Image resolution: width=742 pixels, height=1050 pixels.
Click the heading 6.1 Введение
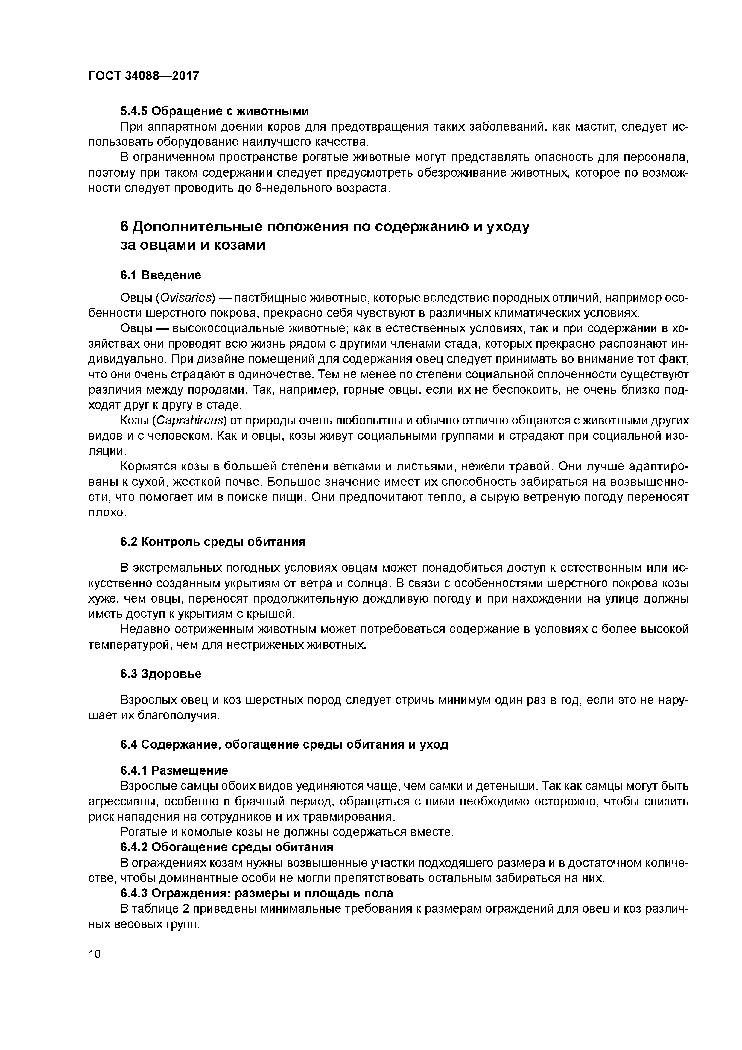tap(160, 275)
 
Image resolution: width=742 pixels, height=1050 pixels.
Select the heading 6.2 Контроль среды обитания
tap(213, 542)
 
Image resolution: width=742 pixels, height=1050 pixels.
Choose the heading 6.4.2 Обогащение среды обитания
tap(227, 847)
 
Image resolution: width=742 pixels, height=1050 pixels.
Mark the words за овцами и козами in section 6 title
tap(192, 245)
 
